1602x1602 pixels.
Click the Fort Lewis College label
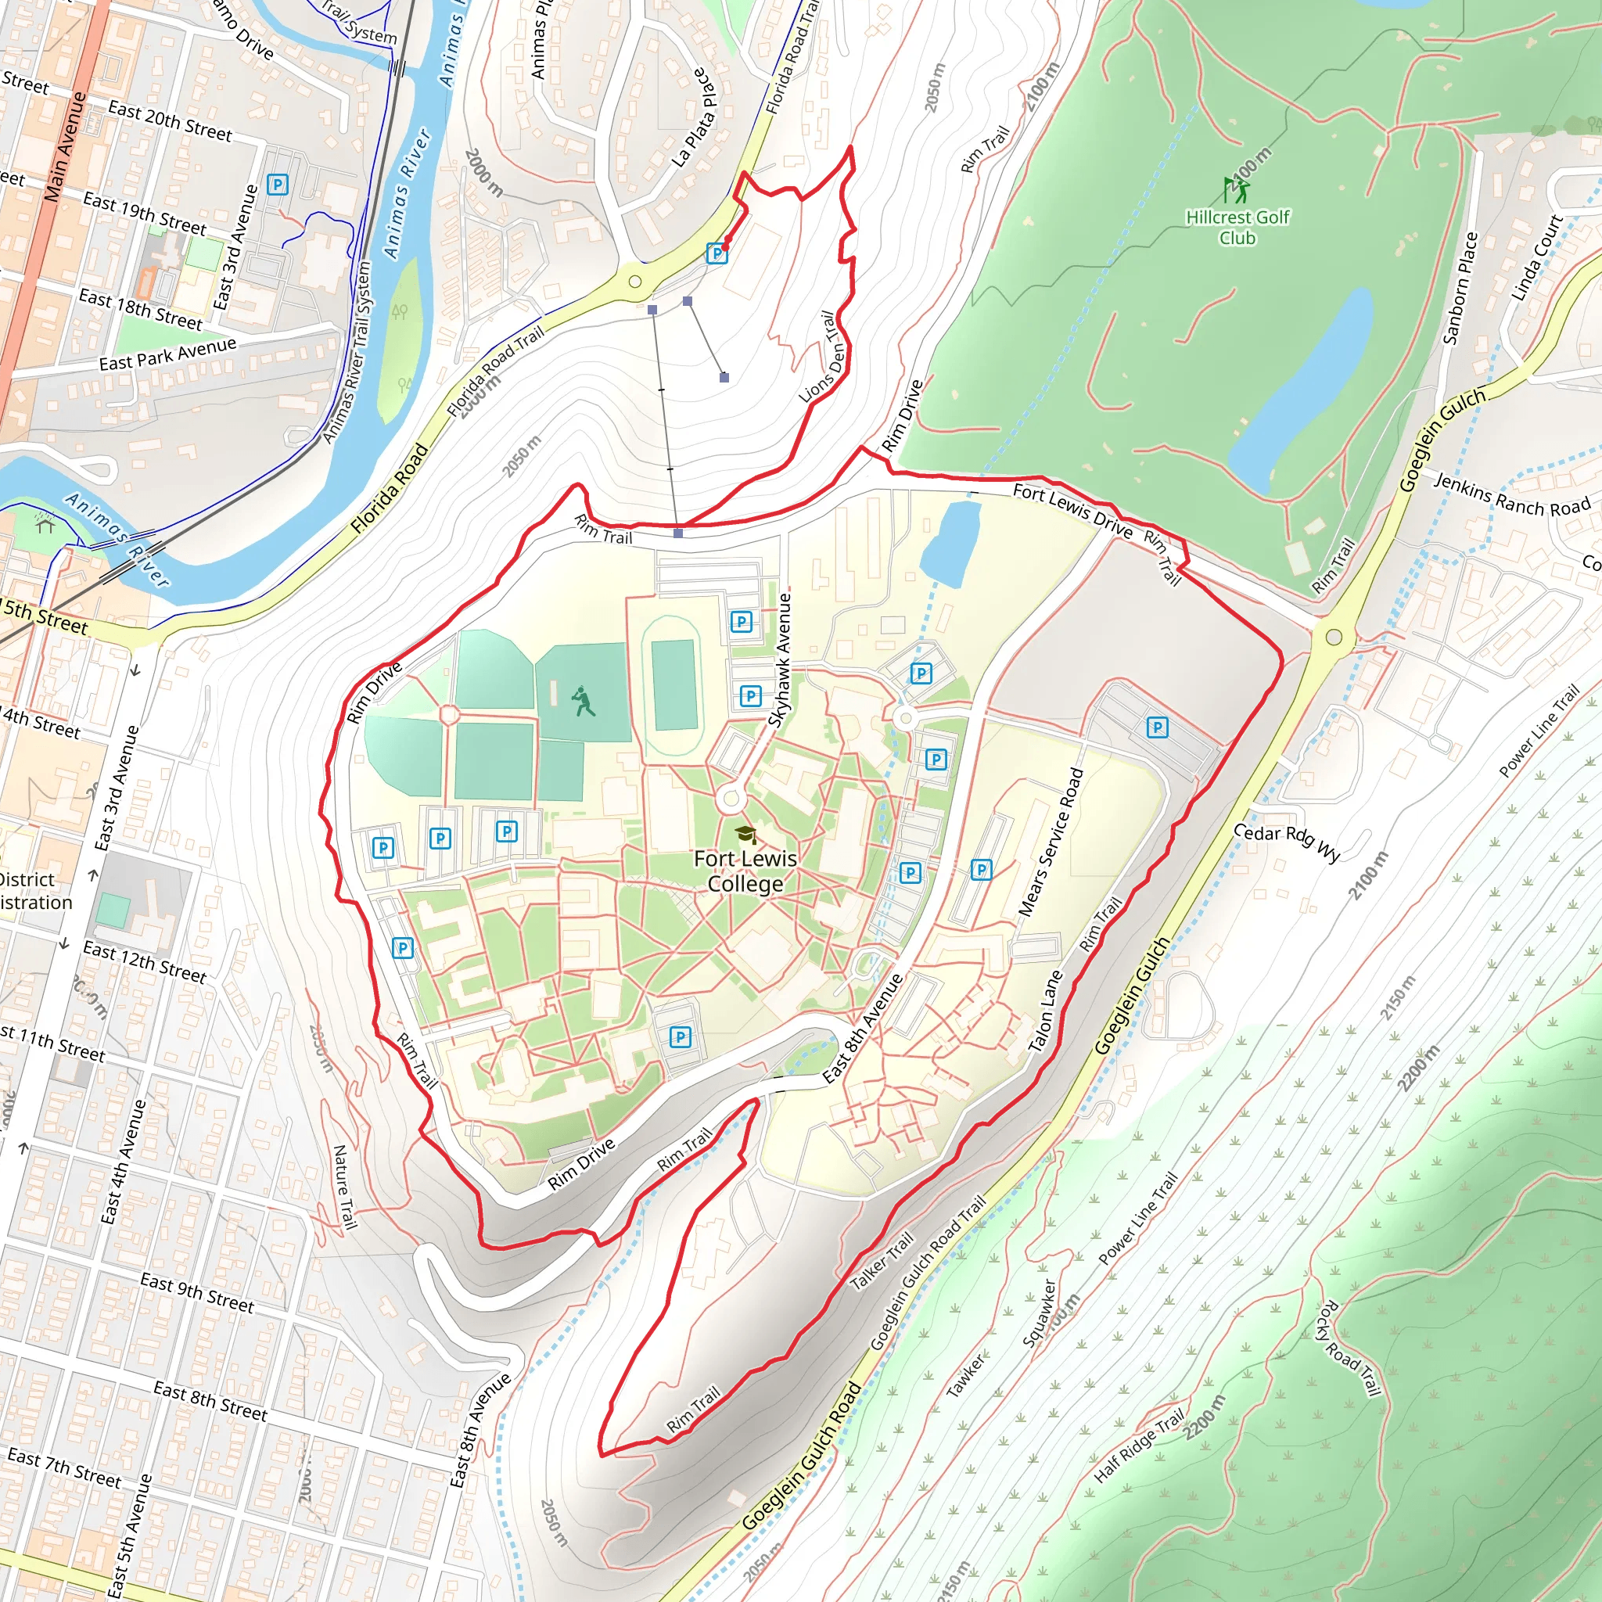[x=745, y=871]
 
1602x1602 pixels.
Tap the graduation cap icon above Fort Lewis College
[x=745, y=833]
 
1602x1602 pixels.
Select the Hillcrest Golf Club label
[x=1237, y=227]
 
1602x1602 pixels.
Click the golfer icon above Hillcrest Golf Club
[x=1235, y=190]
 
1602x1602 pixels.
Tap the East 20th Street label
[x=170, y=121]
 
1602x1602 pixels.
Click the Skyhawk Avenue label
[x=779, y=660]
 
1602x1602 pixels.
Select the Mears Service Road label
[x=1051, y=842]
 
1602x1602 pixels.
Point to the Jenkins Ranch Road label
[x=1511, y=494]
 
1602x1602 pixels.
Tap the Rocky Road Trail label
[x=1349, y=1349]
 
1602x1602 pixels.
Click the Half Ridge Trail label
[x=1138, y=1447]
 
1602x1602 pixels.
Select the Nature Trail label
[x=345, y=1187]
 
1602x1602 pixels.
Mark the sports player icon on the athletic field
[x=584, y=702]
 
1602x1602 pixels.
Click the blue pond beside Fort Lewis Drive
[x=950, y=543]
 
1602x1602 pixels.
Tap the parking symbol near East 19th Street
[x=278, y=184]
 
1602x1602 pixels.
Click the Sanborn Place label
[x=1460, y=288]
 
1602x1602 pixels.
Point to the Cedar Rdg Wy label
[x=1286, y=842]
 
